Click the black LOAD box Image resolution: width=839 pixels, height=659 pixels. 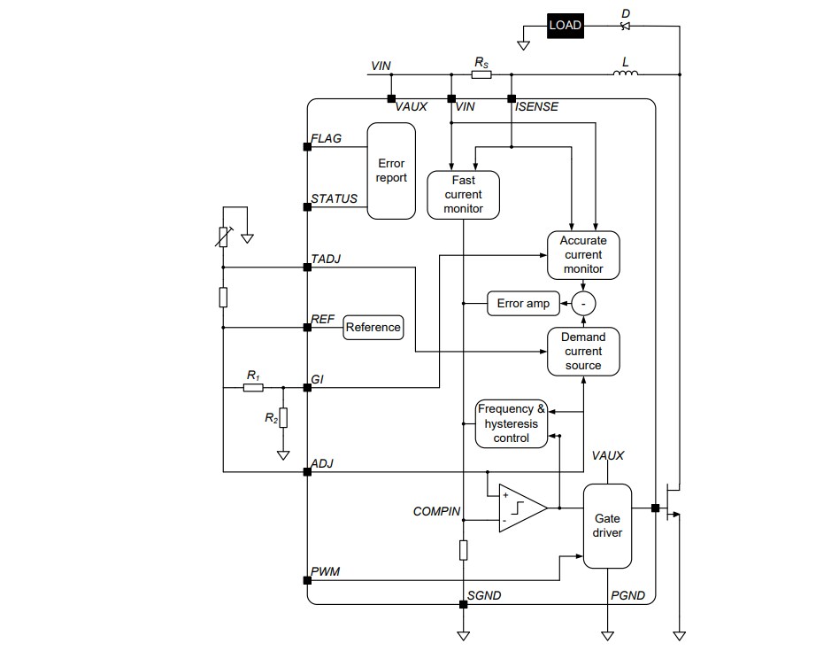[565, 25]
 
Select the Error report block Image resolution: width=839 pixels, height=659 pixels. [391, 171]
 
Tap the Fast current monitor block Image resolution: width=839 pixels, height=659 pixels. [463, 194]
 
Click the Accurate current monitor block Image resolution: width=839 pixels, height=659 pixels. [583, 254]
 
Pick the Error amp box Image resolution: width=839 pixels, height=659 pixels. [522, 304]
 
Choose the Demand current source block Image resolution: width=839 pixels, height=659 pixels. [583, 351]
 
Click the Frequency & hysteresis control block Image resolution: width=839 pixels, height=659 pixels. [512, 423]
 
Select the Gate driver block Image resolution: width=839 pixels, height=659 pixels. [607, 525]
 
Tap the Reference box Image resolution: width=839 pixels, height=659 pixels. [373, 327]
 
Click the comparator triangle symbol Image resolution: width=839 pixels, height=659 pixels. [520, 508]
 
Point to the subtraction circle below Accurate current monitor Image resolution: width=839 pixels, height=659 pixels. [583, 304]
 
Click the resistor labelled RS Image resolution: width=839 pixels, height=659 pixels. [481, 75]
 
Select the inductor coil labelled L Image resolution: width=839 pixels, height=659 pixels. [626, 74]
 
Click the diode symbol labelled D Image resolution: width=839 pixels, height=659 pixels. [626, 25]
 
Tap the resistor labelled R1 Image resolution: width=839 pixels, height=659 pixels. [253, 387]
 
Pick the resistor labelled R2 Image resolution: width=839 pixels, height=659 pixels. [283, 417]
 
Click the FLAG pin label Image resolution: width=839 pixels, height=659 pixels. [326, 139]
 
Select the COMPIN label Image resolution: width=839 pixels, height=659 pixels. [436, 511]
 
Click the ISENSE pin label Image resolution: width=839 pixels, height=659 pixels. [536, 107]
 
